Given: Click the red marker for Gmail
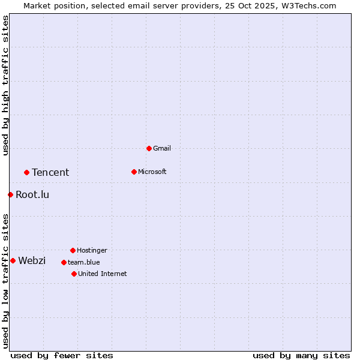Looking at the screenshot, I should coord(149,148).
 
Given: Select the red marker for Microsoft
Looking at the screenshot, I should coord(134,172).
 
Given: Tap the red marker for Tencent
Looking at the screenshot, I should coord(26,172).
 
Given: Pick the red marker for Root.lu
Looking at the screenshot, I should coord(10,194).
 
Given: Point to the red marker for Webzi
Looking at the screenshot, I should coord(13,260).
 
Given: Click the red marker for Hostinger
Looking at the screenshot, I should coord(73,250).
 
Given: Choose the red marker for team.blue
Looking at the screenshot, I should coord(64,262).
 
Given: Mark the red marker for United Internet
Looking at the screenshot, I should coord(74,274).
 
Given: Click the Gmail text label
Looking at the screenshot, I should coord(162,148).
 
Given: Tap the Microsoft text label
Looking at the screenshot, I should coord(152,172).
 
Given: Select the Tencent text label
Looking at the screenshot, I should coord(50,172).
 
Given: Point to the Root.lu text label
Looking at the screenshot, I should coord(32,194).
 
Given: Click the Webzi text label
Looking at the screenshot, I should coord(32,260).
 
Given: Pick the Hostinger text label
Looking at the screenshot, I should coord(92,250).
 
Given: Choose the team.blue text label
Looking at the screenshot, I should coord(84,262).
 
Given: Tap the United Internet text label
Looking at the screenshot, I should coord(103,274).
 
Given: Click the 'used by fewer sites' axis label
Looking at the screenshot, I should coord(62,355).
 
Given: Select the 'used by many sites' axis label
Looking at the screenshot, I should coord(301,355).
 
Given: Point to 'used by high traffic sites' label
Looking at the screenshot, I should coord(5,85).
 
